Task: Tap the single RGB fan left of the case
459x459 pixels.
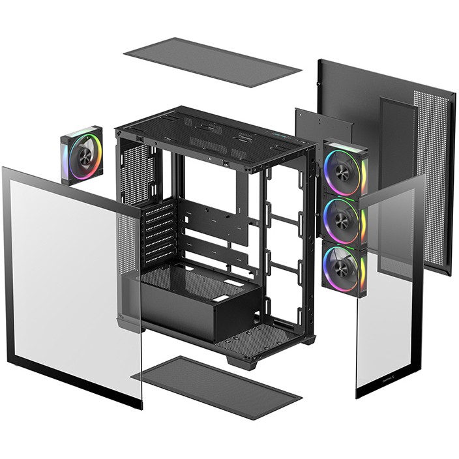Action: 82,155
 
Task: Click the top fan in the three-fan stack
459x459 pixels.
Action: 343,170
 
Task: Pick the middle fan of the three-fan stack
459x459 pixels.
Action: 343,219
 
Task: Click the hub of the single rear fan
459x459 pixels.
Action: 84,155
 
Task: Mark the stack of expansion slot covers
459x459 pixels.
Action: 160,231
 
